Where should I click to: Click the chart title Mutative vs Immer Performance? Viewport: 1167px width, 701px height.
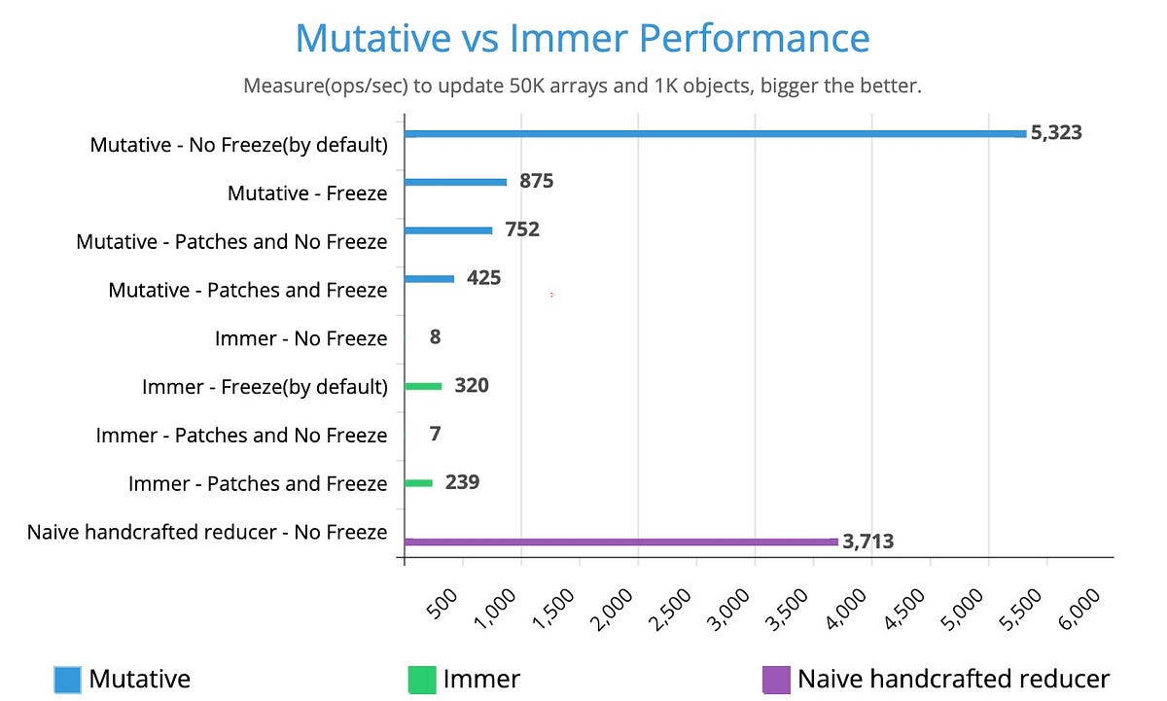click(582, 39)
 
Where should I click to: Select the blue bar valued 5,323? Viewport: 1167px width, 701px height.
click(715, 133)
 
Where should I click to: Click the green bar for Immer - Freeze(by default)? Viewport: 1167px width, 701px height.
click(423, 386)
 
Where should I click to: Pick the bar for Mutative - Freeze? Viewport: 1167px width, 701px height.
click(455, 182)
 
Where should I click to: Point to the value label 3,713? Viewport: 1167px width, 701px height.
click(867, 542)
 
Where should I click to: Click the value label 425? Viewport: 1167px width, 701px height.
click(483, 278)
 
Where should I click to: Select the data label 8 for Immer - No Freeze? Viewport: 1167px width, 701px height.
click(435, 336)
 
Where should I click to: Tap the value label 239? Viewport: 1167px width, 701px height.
click(462, 482)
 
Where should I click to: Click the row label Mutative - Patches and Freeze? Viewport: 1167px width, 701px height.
click(247, 290)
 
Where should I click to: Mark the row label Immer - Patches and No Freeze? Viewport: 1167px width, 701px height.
click(241, 436)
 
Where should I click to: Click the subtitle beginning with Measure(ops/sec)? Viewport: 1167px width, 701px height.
click(582, 86)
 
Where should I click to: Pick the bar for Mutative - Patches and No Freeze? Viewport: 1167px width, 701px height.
click(448, 230)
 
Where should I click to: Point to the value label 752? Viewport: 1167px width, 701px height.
click(521, 229)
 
